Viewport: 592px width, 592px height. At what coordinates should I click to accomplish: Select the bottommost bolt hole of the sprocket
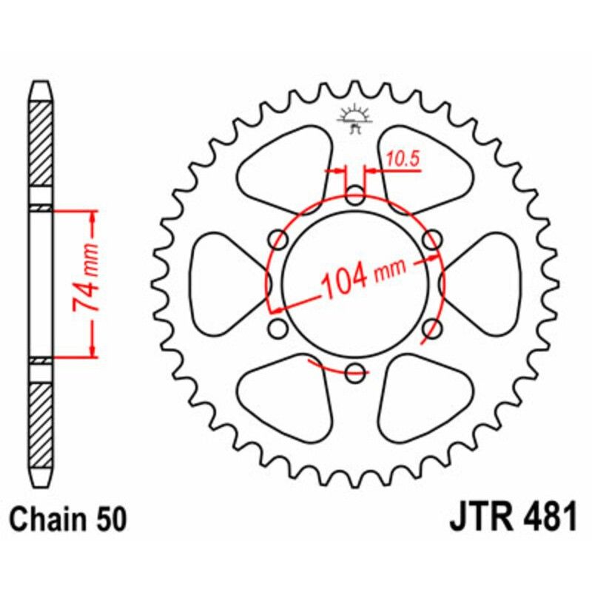[x=356, y=372]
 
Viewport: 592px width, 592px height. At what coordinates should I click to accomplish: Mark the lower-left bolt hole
[x=279, y=328]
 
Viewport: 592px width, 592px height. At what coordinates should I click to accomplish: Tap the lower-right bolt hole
[x=432, y=328]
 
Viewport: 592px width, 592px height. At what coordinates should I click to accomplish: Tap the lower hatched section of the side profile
[x=41, y=422]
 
